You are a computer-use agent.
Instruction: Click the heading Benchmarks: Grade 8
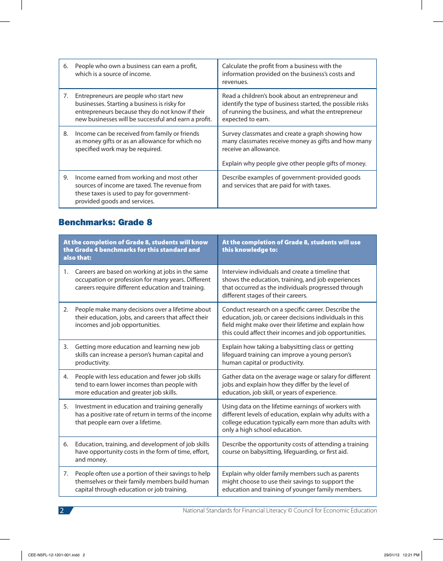click(105, 222)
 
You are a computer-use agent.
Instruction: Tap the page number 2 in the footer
click(62, 511)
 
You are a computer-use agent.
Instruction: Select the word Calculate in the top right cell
click(235, 66)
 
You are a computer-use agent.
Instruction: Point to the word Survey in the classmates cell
click(232, 134)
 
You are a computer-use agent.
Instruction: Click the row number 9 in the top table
click(66, 178)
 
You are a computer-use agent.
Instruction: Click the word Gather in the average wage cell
click(232, 377)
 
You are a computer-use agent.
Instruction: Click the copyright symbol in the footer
click(290, 511)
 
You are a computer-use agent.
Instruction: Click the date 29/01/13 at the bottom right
click(392, 555)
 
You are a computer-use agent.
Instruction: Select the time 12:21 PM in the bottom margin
click(411, 555)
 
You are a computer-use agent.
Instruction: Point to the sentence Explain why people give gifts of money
click(294, 164)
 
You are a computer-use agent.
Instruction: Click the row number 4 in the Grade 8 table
click(66, 377)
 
